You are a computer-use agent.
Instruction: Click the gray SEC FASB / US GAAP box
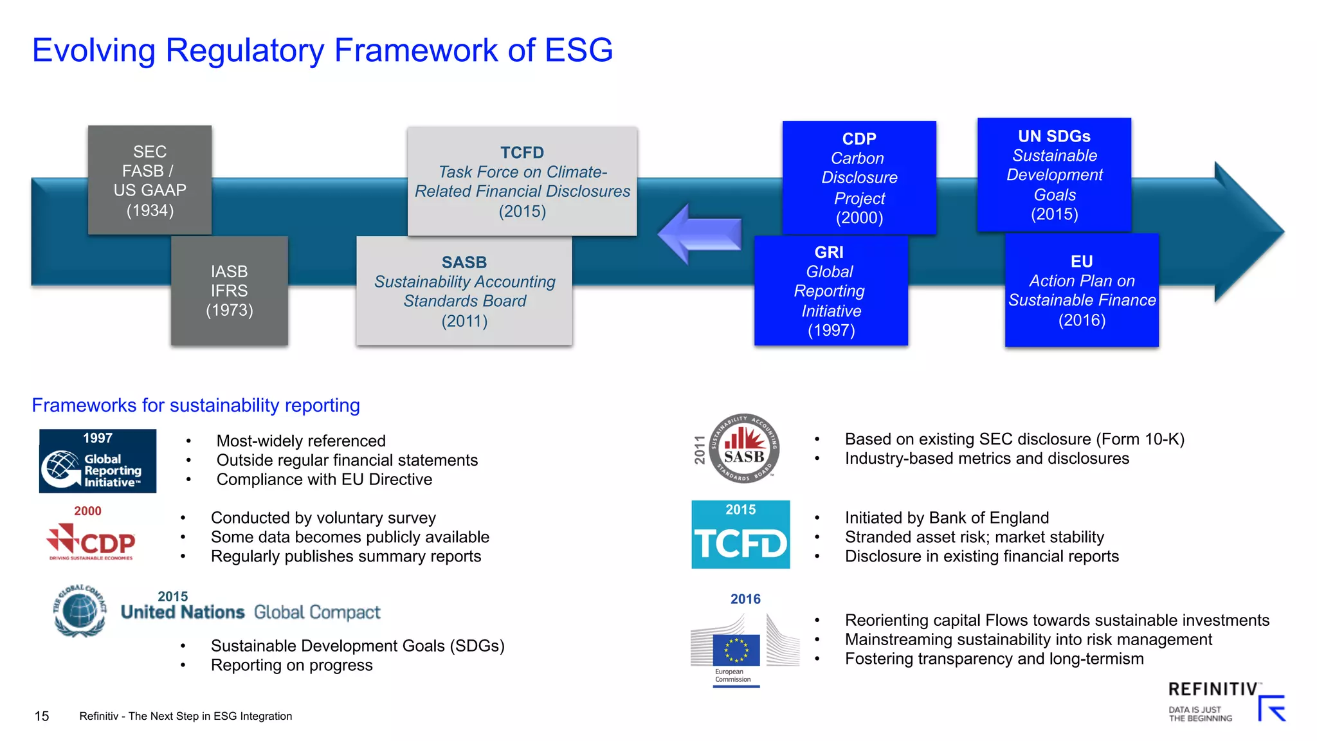(150, 180)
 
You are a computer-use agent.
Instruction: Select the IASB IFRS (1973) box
(230, 291)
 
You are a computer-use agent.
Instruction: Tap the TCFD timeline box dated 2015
(522, 181)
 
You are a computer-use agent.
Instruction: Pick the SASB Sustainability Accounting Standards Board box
(464, 291)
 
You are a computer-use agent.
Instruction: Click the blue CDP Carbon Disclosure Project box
(859, 178)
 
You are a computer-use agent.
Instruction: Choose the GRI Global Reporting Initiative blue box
(831, 291)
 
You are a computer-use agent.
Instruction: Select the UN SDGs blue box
(1054, 174)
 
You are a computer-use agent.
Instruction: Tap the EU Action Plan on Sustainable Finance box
(1082, 290)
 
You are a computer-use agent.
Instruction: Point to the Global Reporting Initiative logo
(98, 461)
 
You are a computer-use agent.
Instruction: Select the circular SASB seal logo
(744, 448)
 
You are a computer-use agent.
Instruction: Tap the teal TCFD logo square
(740, 535)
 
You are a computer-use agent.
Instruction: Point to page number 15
(42, 716)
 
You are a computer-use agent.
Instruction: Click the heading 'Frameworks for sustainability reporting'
(195, 405)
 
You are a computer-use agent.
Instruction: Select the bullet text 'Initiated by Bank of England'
(947, 518)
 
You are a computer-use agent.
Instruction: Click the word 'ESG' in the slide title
(578, 50)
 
